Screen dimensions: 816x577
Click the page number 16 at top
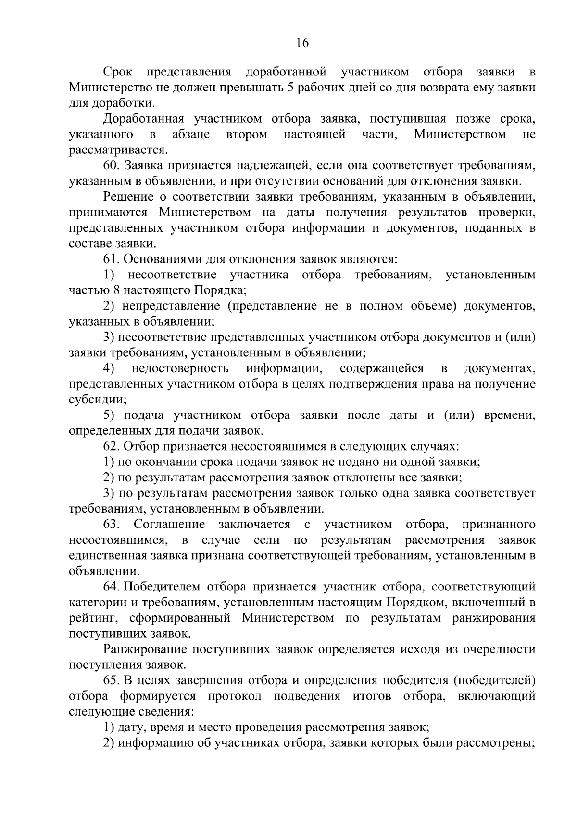[301, 43]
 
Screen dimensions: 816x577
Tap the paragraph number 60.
[111, 166]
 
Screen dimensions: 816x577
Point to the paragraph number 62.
[111, 446]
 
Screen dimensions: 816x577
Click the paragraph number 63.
[112, 524]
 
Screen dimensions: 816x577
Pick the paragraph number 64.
[111, 587]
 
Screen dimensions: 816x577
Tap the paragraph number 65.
[111, 680]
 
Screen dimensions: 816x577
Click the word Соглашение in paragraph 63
[169, 524]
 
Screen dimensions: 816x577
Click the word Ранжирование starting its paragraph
[144, 649]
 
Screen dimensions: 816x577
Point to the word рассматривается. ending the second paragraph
[118, 150]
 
